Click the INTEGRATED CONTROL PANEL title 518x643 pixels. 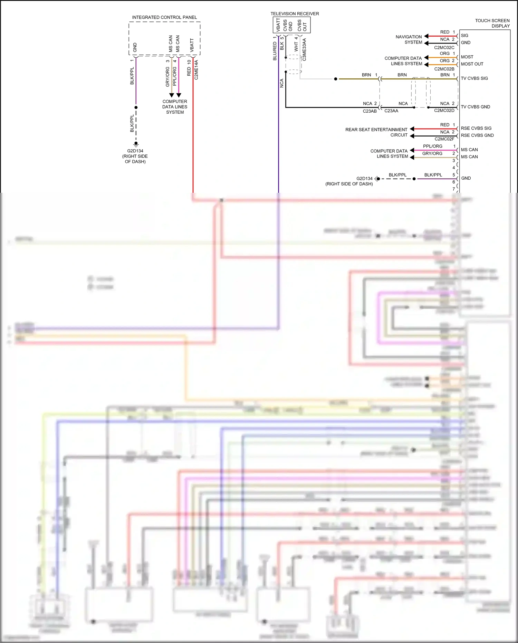point(164,17)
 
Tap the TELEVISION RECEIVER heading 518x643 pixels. point(295,14)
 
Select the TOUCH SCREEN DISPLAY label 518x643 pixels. point(492,23)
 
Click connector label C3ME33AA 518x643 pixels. point(304,49)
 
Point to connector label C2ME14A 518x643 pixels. point(196,70)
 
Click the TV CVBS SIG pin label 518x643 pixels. point(474,78)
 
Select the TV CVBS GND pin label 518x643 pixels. point(475,107)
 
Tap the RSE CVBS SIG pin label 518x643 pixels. point(476,128)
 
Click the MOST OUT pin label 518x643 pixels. point(472,64)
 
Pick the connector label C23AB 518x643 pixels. point(370,111)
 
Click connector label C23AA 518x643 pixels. point(391,111)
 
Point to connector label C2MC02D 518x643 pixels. point(444,111)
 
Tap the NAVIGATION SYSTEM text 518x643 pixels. point(409,39)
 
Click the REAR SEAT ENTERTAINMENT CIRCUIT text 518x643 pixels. point(376,132)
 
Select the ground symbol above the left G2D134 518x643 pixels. point(136,144)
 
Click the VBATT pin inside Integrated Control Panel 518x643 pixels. point(192,45)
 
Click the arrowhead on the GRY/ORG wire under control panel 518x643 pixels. point(172,95)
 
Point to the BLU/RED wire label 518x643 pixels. point(275,51)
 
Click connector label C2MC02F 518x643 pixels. point(444,139)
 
